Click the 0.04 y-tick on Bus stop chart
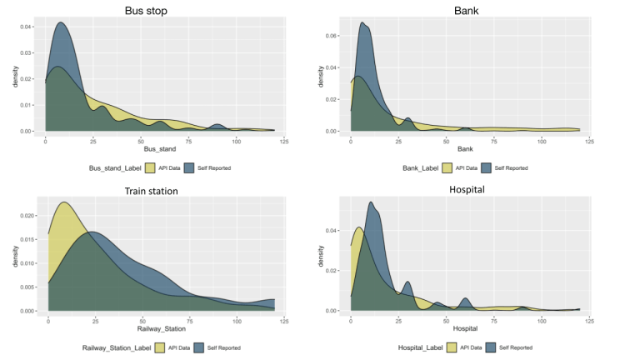(x=27, y=27)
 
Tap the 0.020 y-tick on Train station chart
(x=27, y=215)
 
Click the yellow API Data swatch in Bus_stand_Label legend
(x=151, y=167)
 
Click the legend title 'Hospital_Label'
(x=422, y=347)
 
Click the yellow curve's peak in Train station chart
(x=64, y=202)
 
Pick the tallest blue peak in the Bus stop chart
(x=60, y=22)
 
